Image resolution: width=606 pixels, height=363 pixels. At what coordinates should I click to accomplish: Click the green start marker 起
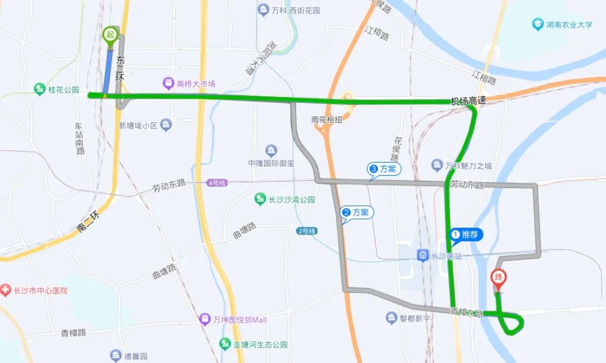click(110, 35)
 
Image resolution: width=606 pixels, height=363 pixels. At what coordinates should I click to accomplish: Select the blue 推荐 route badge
click(466, 235)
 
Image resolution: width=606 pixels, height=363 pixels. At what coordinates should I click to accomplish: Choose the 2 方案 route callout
click(357, 212)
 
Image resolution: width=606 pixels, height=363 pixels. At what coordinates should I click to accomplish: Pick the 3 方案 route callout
click(384, 169)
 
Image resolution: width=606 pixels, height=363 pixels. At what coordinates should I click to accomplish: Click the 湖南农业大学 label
click(568, 25)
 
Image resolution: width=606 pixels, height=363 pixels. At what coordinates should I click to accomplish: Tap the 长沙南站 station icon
click(423, 256)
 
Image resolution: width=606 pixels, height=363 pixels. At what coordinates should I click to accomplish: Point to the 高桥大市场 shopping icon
click(168, 84)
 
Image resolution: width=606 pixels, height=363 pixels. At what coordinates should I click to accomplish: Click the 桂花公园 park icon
click(40, 89)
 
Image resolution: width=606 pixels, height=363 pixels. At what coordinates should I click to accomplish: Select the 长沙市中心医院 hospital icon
click(5, 290)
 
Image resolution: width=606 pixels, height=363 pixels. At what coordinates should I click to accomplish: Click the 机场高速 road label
click(468, 101)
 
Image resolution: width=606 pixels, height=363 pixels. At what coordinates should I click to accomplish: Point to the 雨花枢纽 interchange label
click(326, 119)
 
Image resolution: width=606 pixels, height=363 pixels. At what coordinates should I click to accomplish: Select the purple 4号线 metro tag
click(217, 183)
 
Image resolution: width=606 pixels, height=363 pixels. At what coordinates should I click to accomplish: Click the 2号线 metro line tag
click(307, 231)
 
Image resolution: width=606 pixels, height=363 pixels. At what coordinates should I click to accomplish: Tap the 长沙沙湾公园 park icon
click(260, 199)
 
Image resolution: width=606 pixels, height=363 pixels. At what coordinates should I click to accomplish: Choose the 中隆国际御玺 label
click(271, 164)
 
